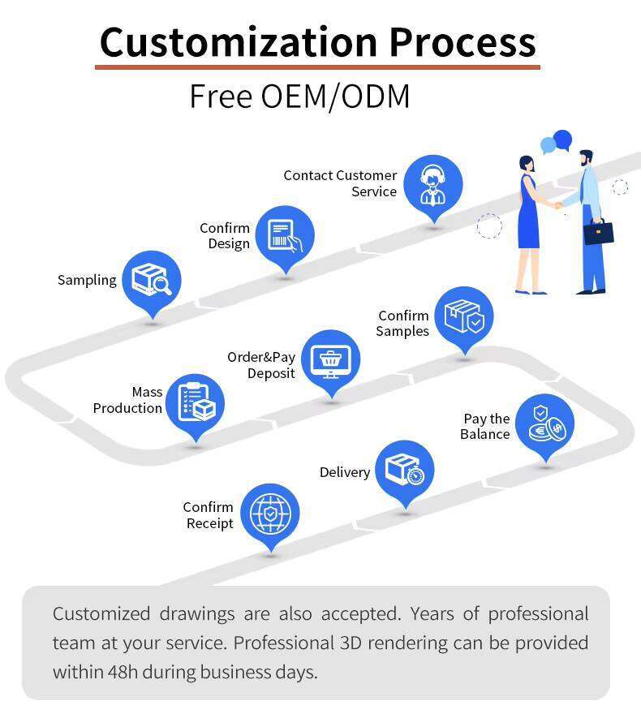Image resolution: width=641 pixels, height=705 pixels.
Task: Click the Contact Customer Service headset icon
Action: coord(432,184)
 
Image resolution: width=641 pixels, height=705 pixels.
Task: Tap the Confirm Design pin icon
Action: coord(285,235)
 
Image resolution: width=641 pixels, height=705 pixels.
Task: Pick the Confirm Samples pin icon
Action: coord(463,316)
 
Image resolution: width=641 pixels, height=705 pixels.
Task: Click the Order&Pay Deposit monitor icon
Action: coord(330,359)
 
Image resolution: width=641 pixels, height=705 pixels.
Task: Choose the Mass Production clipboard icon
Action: coord(196,402)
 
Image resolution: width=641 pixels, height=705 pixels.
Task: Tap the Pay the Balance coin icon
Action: coord(544,423)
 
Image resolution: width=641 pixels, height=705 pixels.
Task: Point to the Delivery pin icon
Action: coord(404,470)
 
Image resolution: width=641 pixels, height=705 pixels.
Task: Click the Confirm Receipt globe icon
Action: coord(269,513)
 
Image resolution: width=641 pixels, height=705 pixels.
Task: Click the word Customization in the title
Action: coord(237,41)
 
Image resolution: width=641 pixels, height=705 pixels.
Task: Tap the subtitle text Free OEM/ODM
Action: coord(299,96)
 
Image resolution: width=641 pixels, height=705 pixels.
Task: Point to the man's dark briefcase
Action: coord(599,232)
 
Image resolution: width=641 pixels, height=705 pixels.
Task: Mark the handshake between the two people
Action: coord(559,205)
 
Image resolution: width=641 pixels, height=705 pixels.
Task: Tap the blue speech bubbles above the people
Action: coord(557,142)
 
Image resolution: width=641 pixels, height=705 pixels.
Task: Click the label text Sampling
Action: coord(87,280)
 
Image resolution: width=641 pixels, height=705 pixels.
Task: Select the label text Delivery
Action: coord(344,472)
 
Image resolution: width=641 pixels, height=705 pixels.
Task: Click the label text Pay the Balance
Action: coord(486,427)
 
